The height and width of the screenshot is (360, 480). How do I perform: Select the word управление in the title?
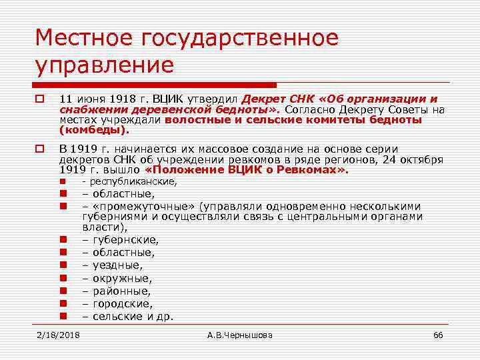(x=105, y=65)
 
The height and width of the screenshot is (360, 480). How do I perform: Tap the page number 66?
(x=438, y=335)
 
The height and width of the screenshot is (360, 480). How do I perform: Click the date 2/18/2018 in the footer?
(x=57, y=335)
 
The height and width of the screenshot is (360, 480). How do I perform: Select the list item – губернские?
(x=120, y=239)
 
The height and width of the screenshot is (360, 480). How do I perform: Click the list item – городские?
(x=117, y=303)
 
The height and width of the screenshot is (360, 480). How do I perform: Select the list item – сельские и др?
(x=127, y=316)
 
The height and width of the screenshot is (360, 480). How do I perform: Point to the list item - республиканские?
(x=119, y=181)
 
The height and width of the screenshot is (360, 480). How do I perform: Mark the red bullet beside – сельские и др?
(x=63, y=316)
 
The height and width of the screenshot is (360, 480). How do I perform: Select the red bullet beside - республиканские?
(x=63, y=181)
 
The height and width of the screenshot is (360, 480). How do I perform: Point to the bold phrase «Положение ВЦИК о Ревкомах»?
(x=246, y=170)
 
